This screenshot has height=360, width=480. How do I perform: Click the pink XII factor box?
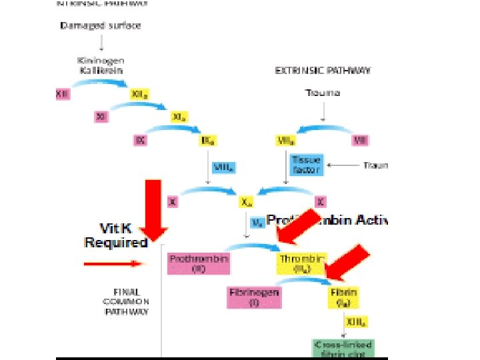[62, 95]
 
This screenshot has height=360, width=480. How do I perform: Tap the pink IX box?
[140, 141]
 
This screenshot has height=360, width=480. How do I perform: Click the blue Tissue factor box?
[305, 165]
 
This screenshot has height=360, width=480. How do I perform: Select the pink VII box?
[360, 141]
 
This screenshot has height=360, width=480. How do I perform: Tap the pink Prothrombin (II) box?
[199, 263]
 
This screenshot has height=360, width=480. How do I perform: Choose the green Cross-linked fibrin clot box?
[343, 347]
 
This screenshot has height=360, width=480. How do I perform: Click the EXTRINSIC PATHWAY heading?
[323, 69]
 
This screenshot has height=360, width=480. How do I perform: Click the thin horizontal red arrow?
[114, 264]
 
